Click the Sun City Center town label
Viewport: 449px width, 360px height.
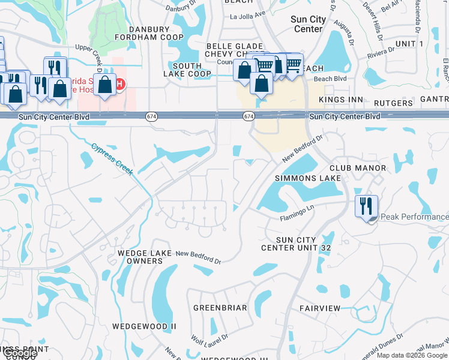pos(308,24)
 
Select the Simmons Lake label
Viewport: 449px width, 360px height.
pos(307,178)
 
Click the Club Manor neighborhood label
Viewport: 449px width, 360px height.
pos(357,168)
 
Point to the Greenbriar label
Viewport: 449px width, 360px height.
pos(220,308)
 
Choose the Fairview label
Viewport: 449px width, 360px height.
pos(320,308)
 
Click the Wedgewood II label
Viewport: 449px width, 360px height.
pos(144,326)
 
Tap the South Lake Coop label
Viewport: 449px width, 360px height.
pos(187,70)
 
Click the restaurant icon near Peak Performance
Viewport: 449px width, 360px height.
pos(366,206)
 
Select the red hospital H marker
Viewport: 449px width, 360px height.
pos(120,83)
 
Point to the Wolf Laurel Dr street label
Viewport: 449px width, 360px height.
pos(209,341)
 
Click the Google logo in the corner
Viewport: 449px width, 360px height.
pos(20,353)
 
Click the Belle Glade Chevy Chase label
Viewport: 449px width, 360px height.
pos(234,50)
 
